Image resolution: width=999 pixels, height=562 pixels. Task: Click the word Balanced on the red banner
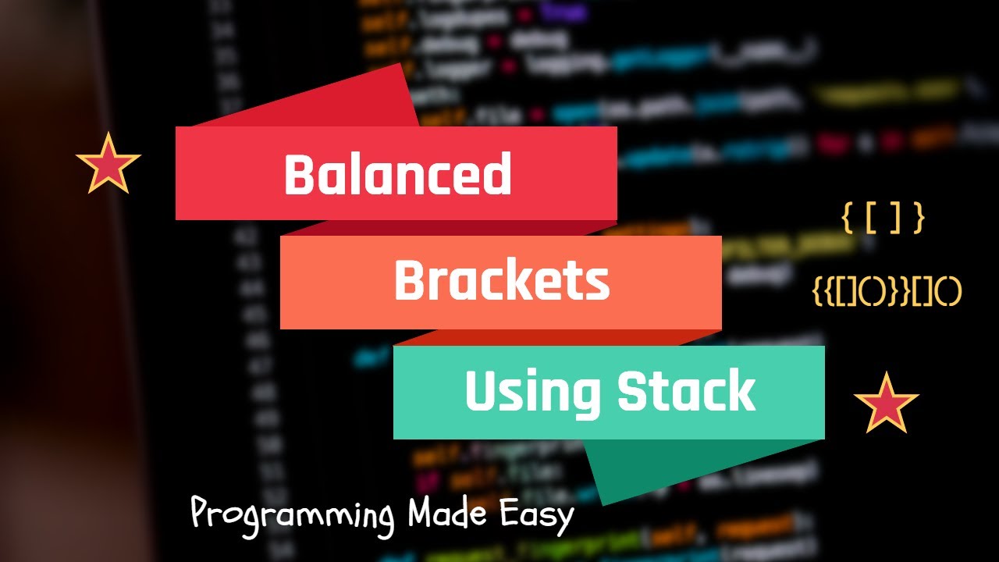(x=397, y=174)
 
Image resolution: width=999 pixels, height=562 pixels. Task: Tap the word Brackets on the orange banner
(x=501, y=282)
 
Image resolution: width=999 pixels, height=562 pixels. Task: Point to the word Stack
(x=687, y=392)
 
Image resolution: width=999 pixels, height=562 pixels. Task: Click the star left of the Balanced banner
(x=108, y=164)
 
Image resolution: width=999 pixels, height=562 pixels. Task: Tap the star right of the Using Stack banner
(x=886, y=404)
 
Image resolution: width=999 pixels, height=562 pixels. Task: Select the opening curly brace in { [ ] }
(x=846, y=219)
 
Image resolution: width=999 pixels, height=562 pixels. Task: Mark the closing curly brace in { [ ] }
(x=919, y=219)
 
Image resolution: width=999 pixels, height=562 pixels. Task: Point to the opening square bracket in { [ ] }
(x=871, y=219)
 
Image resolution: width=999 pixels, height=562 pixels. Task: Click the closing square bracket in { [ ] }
(x=895, y=219)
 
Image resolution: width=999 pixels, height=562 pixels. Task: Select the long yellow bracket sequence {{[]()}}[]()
(x=887, y=292)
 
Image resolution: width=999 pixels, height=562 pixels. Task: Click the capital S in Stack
(x=632, y=392)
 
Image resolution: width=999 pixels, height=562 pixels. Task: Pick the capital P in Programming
(x=201, y=516)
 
